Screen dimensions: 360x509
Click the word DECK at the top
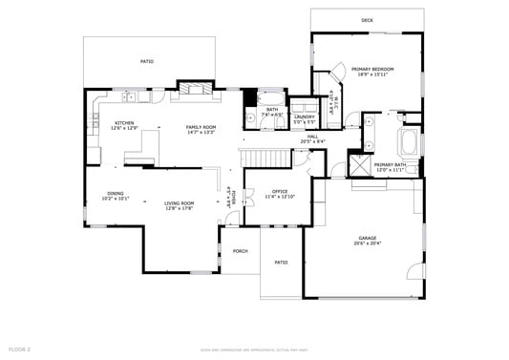[367, 20]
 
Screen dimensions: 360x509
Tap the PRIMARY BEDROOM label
[372, 70]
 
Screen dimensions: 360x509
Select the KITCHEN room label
[124, 123]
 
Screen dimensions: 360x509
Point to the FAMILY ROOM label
[200, 127]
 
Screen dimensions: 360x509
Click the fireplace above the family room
[194, 91]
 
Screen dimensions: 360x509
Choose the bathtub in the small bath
[271, 98]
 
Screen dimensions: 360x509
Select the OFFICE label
[280, 191]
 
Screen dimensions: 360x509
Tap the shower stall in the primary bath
[360, 164]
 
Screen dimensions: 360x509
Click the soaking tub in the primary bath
[410, 144]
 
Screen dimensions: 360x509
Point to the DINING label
[115, 193]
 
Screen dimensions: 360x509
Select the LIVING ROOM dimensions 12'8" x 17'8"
[179, 207]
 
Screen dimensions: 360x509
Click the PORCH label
[240, 251]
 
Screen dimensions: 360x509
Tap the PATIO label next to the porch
[281, 262]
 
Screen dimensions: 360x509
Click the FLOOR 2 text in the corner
[20, 349]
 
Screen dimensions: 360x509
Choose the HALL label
[312, 136]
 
